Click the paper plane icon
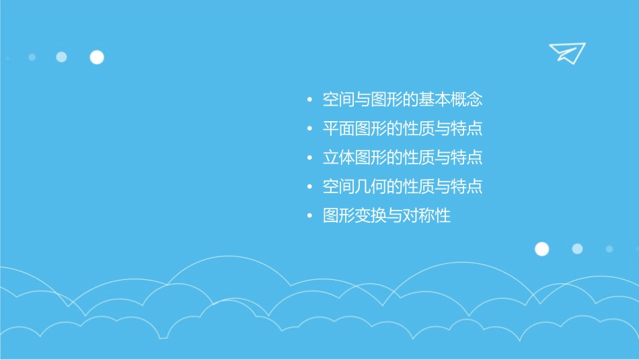coord(566,52)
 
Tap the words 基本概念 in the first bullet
coord(451,100)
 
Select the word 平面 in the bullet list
coord(339,129)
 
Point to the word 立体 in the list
coord(339,158)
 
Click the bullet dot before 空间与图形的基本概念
coord(309,101)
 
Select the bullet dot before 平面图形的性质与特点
coord(309,130)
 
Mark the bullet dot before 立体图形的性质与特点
coord(309,159)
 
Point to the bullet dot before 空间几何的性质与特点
coord(309,188)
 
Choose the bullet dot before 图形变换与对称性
coord(309,217)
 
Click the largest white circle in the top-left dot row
coord(97,57)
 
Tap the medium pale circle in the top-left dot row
coord(61,57)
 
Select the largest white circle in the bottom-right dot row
coord(541,249)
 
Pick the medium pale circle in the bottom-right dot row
coord(577,249)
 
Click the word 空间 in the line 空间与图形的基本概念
coord(339,100)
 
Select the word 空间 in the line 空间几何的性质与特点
coord(339,187)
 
